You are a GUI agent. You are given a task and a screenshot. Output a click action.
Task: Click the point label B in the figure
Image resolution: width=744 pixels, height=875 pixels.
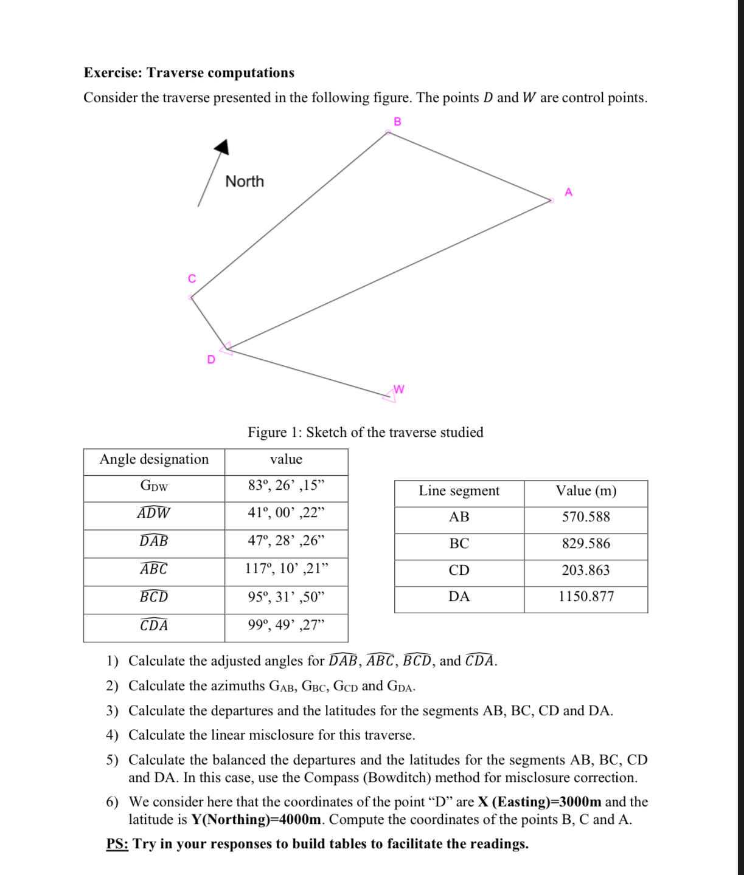pyautogui.click(x=397, y=122)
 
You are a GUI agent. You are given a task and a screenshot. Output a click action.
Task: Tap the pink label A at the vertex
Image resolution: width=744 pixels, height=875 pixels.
pyautogui.click(x=568, y=192)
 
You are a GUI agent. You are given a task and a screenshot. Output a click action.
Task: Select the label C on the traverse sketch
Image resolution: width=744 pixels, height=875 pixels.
pyautogui.click(x=192, y=278)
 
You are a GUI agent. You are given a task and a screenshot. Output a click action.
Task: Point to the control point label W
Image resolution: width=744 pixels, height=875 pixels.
pyautogui.click(x=399, y=389)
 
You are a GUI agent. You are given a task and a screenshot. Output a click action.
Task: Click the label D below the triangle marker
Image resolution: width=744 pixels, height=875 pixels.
pyautogui.click(x=211, y=359)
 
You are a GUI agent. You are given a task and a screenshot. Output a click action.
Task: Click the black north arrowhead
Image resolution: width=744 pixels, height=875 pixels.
pyautogui.click(x=222, y=146)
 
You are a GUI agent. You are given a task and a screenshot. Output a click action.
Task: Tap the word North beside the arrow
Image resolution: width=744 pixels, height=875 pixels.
pyautogui.click(x=245, y=181)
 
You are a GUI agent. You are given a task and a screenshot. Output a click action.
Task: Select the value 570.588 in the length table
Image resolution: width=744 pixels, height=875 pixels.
pyautogui.click(x=585, y=516)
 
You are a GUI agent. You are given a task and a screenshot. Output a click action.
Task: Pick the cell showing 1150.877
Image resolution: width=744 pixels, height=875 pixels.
pyautogui.click(x=585, y=596)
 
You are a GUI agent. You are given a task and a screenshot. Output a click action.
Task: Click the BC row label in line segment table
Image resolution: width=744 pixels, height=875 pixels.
pyautogui.click(x=459, y=543)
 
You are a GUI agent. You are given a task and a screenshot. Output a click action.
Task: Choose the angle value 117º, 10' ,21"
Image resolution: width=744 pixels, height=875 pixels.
pyautogui.click(x=286, y=568)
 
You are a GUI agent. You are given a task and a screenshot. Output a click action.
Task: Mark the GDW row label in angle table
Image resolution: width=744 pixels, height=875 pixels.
pyautogui.click(x=154, y=485)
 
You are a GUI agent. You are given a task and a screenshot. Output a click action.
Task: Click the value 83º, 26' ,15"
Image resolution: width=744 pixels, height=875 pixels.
pyautogui.click(x=286, y=485)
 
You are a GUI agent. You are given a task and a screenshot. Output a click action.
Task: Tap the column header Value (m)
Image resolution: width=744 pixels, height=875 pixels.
pyautogui.click(x=585, y=490)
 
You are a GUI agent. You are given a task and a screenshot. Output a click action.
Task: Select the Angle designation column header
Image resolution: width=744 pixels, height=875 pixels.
pyautogui.click(x=154, y=459)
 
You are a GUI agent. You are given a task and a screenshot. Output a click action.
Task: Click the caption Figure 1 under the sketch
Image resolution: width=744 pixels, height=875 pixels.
pyautogui.click(x=365, y=432)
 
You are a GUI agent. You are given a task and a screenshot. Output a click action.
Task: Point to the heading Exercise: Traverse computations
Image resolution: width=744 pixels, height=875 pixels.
pyautogui.click(x=189, y=72)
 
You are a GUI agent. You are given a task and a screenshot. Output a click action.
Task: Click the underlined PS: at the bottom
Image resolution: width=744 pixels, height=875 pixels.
pyautogui.click(x=117, y=843)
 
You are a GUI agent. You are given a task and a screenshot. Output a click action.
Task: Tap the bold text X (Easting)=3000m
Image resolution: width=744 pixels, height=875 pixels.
pyautogui.click(x=539, y=801)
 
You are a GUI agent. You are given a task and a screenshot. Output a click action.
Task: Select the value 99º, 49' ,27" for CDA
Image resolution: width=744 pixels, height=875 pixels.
pyautogui.click(x=286, y=625)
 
